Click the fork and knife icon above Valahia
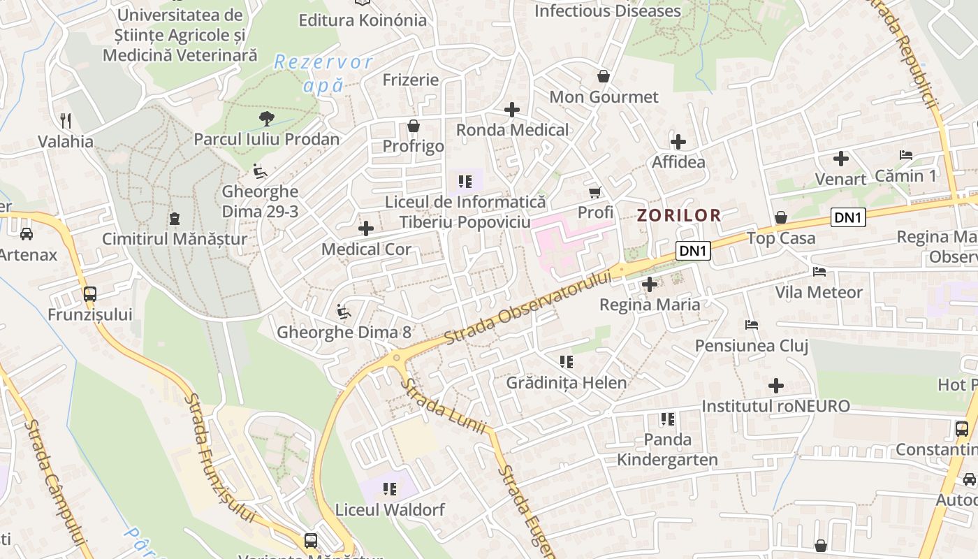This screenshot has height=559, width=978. [66, 120]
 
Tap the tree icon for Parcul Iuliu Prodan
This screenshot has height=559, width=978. [266, 118]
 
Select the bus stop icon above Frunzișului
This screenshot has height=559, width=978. [90, 294]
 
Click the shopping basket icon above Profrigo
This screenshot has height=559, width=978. [414, 126]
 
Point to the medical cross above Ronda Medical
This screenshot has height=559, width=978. [512, 110]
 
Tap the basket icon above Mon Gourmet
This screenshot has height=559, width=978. [604, 76]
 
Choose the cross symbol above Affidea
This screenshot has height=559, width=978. [678, 142]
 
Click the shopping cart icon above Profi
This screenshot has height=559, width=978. [595, 191]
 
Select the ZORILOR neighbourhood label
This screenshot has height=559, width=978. [678, 215]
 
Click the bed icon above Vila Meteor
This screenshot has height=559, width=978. [819, 271]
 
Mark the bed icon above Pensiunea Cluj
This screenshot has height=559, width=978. [752, 325]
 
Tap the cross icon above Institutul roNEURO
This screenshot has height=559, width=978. [775, 386]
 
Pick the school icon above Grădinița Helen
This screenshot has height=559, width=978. [567, 362]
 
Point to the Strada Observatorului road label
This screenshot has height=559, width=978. [527, 307]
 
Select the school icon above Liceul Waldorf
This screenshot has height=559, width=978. [390, 489]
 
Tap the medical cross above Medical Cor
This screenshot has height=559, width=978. [366, 228]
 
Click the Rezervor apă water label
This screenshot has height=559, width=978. [323, 73]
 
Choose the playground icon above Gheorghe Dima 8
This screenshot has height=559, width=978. [344, 312]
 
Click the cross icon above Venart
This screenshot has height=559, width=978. [841, 159]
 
